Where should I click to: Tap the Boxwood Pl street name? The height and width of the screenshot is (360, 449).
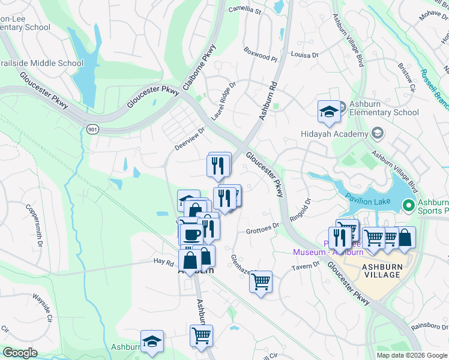coord(261,55)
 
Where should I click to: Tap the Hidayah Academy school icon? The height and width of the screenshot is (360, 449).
coord(377,133)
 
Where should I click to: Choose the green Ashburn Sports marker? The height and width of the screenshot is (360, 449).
coord(409,206)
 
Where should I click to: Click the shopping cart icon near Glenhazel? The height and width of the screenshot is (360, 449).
coord(261,281)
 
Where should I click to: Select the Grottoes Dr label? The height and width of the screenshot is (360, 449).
coord(263,228)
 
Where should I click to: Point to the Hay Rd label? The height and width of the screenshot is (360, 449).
coord(163,262)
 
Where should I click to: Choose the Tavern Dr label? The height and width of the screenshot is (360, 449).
coord(307,266)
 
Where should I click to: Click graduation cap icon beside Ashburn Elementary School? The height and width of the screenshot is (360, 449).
coord(329,110)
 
